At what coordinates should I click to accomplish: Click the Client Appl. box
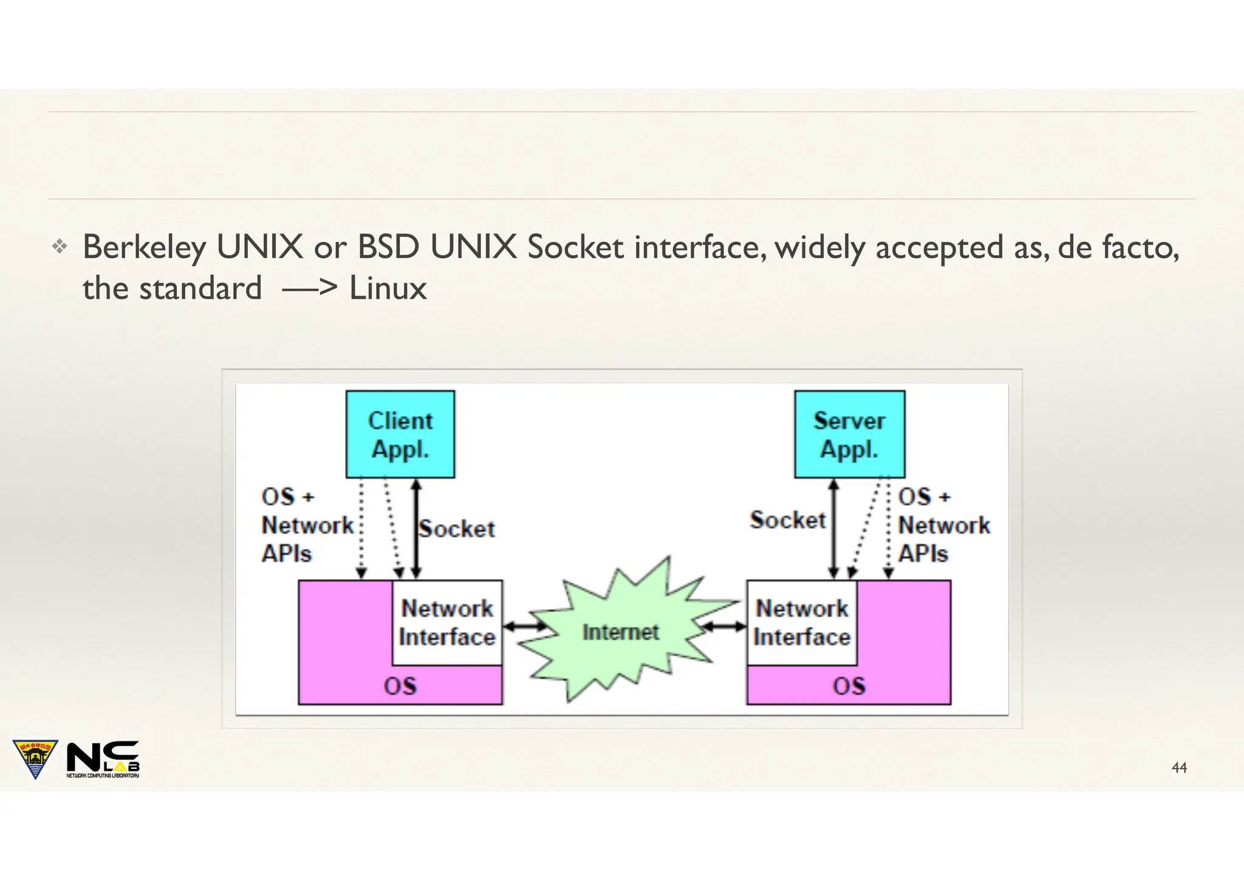[400, 434]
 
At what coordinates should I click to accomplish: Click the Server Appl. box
[849, 434]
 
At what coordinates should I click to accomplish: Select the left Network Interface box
[447, 623]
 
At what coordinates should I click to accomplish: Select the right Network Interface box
[801, 623]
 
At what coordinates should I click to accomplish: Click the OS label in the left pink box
[400, 686]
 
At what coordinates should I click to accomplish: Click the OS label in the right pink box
[849, 686]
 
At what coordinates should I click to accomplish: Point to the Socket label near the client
[457, 529]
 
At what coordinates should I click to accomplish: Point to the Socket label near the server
[788, 520]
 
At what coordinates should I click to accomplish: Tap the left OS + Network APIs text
[307, 526]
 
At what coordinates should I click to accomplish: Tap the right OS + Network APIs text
[943, 526]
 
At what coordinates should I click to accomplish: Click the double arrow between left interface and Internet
[525, 627]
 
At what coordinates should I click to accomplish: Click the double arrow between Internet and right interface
[724, 627]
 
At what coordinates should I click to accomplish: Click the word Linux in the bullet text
[388, 288]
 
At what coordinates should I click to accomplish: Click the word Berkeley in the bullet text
[144, 248]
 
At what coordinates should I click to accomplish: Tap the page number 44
[1179, 768]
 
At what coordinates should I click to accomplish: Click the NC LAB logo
[103, 759]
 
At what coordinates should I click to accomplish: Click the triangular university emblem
[35, 758]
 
